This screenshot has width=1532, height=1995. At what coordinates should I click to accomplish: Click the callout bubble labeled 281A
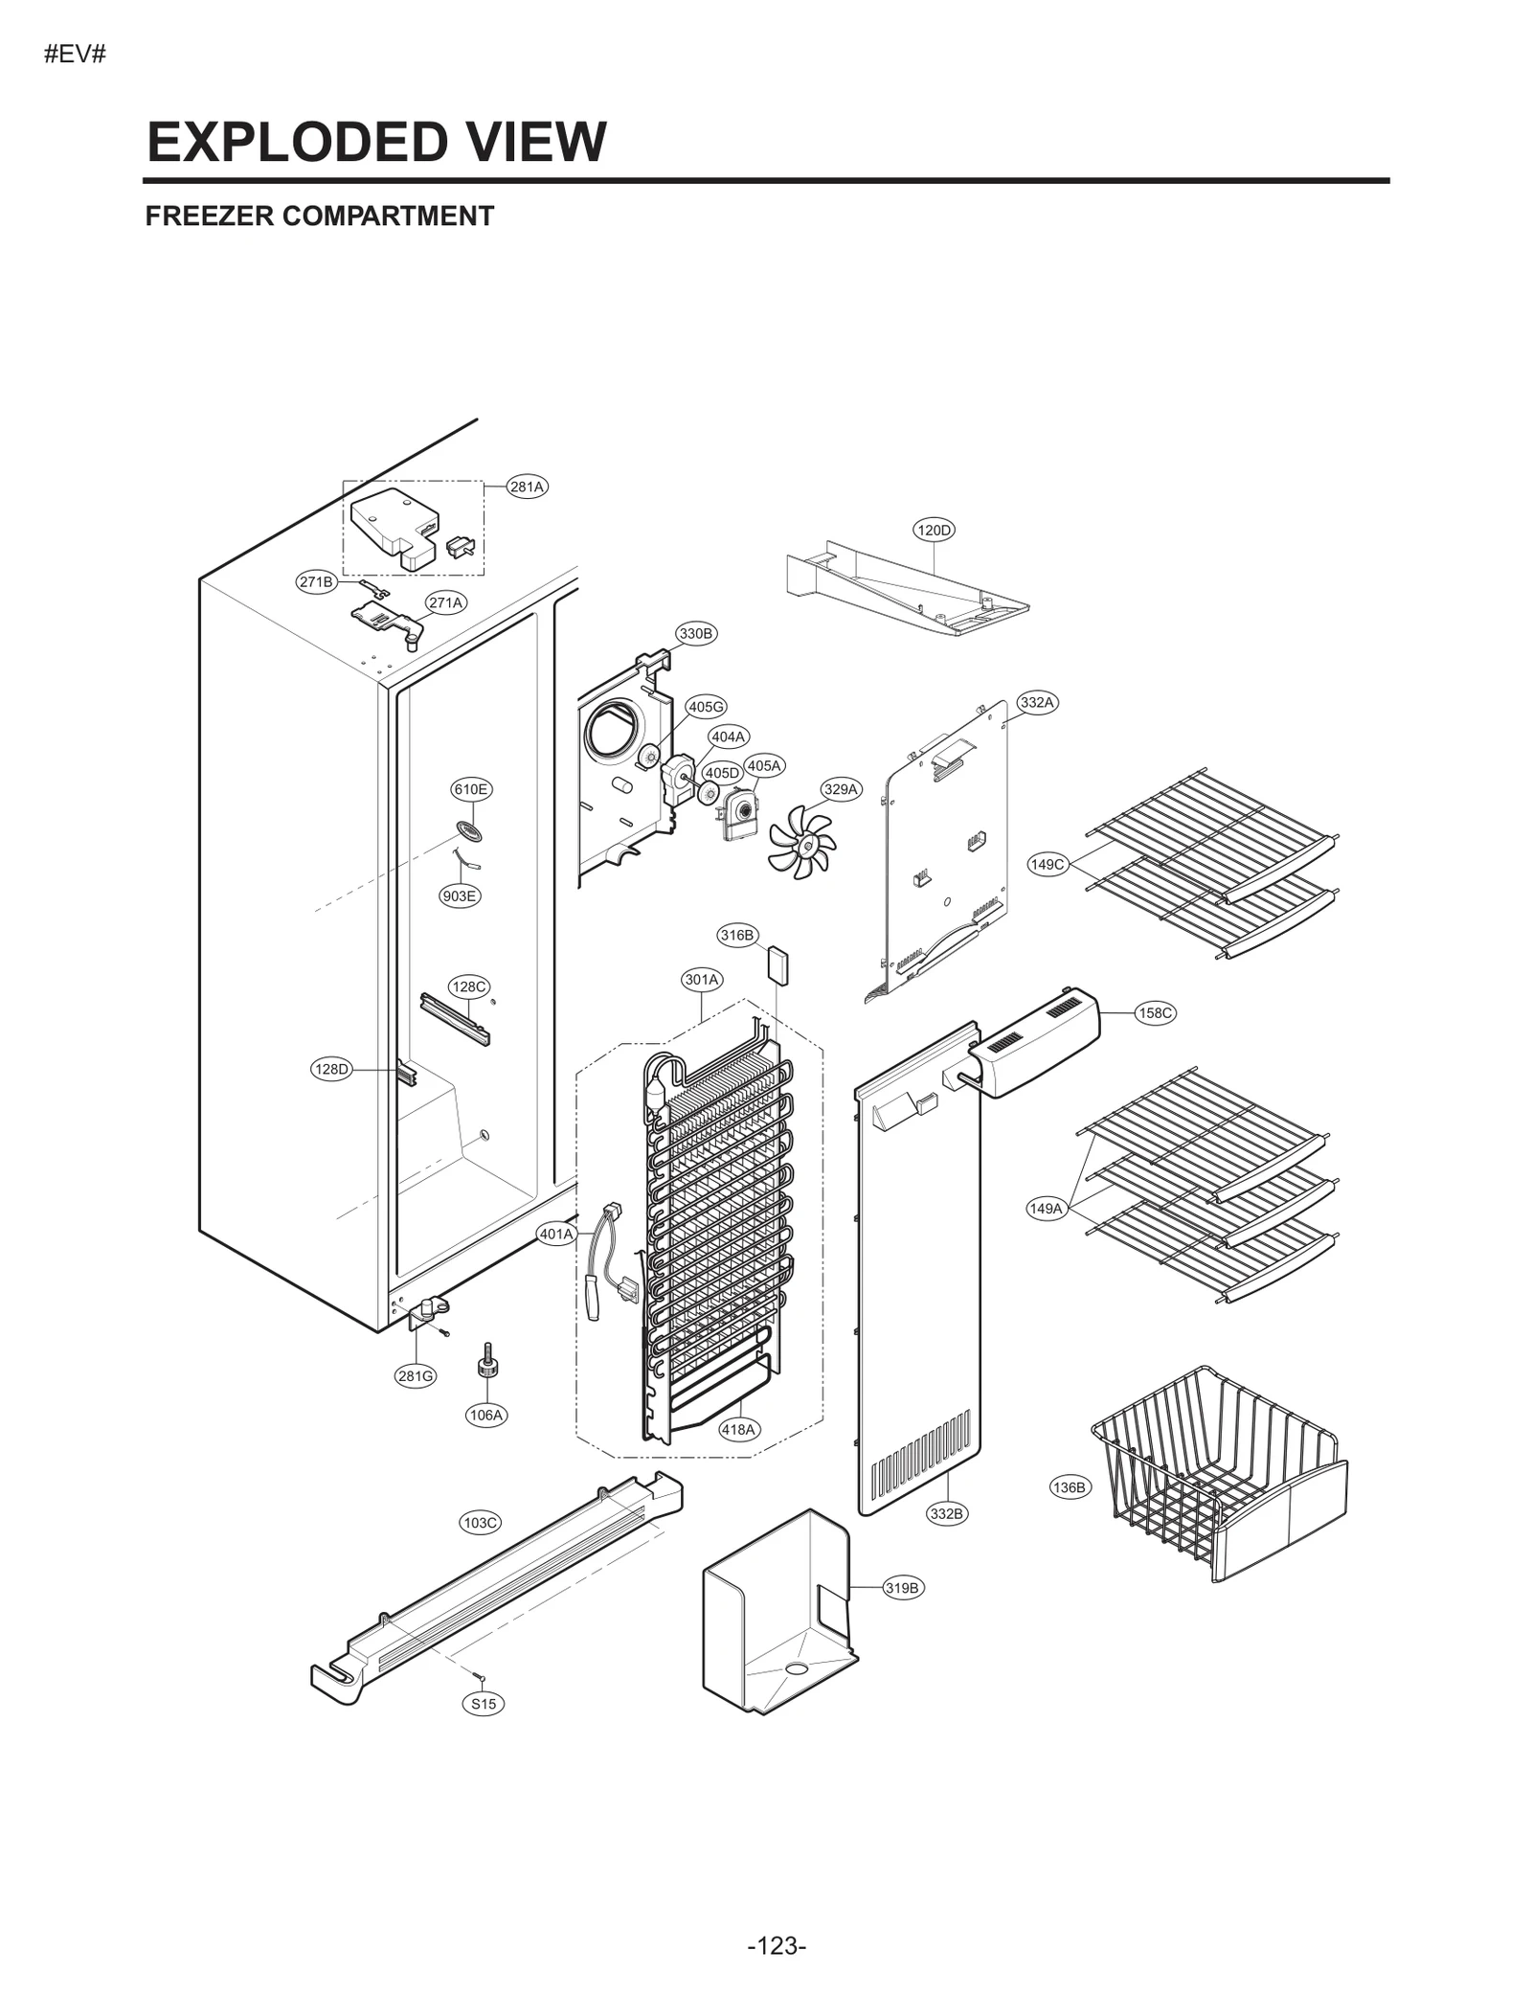[527, 487]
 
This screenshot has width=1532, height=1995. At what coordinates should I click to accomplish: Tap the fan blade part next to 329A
[801, 842]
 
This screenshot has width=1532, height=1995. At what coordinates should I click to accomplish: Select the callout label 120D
[934, 530]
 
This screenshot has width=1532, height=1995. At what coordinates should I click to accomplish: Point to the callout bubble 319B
[902, 1588]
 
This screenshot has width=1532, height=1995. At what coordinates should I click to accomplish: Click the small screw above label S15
[482, 1676]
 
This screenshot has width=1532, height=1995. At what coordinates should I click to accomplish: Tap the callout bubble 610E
[471, 789]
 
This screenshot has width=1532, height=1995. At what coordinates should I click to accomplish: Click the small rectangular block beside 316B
[777, 965]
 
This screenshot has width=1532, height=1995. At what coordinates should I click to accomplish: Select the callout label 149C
[1047, 864]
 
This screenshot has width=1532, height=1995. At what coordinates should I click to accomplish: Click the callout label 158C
[1155, 1012]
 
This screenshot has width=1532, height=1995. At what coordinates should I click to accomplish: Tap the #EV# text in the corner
[75, 55]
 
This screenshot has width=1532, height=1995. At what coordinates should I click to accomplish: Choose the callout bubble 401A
[556, 1234]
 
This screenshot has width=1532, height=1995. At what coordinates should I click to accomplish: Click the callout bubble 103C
[481, 1522]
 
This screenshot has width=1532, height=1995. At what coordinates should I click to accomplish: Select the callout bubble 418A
[738, 1429]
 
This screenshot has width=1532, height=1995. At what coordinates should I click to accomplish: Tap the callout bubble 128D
[332, 1069]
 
